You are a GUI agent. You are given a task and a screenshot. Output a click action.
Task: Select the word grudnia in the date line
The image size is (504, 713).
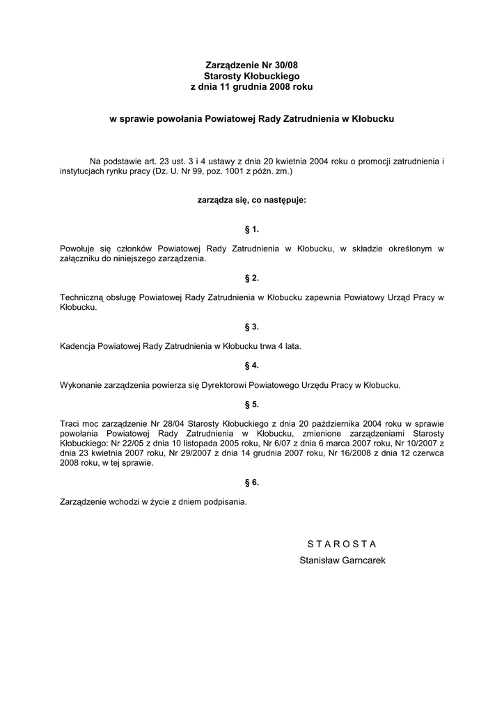262,86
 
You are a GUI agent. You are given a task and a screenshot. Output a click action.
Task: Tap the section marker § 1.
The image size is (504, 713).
252,229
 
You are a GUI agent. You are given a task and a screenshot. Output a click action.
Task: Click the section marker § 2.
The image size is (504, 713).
252,278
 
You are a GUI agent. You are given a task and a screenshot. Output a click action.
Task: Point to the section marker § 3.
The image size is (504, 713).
252,327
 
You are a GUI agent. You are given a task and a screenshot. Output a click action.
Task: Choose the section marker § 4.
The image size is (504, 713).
252,365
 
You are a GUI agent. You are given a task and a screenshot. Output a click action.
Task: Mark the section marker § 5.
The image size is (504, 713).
252,404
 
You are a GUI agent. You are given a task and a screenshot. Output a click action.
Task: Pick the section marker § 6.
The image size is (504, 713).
252,482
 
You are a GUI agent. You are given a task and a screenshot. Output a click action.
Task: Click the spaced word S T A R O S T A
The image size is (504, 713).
342,543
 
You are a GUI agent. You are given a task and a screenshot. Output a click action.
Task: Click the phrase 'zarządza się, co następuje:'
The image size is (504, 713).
252,200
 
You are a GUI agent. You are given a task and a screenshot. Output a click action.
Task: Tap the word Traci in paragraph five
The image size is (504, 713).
70,423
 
